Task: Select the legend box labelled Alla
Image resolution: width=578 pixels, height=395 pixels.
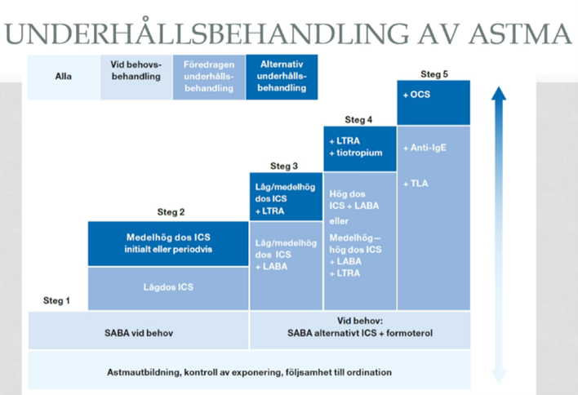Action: (x=64, y=77)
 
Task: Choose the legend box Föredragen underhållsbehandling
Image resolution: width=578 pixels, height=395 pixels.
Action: (x=208, y=77)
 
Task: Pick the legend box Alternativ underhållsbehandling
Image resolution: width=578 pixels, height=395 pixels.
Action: (x=281, y=77)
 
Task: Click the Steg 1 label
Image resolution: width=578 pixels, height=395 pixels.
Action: (x=56, y=301)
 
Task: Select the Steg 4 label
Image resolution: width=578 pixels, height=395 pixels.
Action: (x=359, y=120)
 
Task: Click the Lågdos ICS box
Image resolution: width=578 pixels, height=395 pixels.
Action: (x=168, y=286)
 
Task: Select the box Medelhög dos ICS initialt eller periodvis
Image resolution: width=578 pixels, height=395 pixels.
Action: (x=168, y=243)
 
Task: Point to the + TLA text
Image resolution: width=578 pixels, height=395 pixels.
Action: (x=416, y=184)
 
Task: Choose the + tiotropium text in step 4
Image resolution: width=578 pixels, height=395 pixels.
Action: (x=355, y=153)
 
